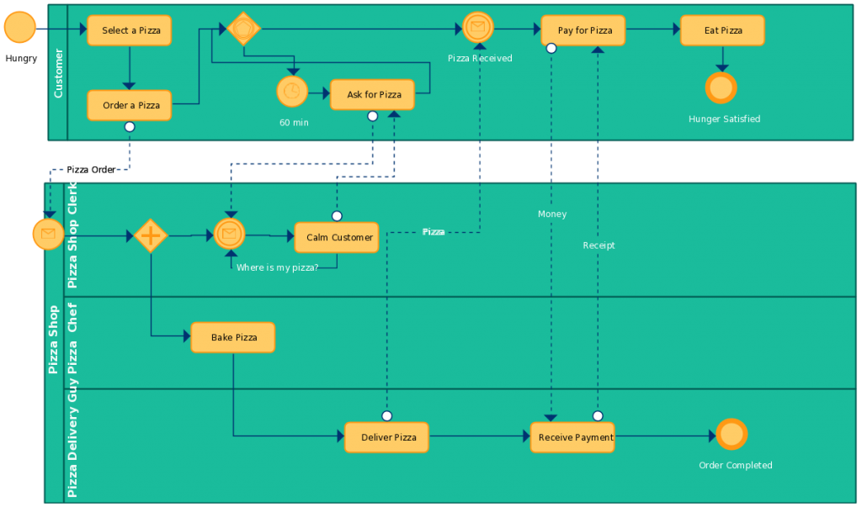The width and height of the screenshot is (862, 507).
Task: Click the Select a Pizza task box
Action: [130, 30]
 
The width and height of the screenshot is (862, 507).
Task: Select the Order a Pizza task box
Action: [130, 105]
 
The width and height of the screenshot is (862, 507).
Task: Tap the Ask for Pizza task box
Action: [372, 95]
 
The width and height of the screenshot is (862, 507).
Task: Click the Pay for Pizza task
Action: [583, 30]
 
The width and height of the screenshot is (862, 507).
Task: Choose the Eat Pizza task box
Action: [722, 30]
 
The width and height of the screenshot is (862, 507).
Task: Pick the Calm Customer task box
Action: [337, 237]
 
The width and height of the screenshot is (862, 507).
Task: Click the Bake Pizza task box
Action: [233, 337]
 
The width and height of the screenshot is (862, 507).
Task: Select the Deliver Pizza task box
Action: [387, 437]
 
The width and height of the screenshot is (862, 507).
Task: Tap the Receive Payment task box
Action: [572, 437]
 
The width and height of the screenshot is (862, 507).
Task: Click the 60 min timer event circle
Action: [292, 92]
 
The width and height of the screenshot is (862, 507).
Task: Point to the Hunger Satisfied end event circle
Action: [721, 88]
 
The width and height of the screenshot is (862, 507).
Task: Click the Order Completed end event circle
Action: [732, 435]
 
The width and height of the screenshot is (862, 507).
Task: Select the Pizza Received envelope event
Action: [477, 28]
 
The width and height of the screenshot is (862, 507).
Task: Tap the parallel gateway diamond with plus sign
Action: [150, 236]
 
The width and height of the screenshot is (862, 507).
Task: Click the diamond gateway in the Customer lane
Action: [244, 29]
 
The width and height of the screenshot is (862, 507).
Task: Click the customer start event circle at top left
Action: [19, 28]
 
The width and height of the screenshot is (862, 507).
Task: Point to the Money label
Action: [552, 214]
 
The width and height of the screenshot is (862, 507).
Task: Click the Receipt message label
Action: [599, 246]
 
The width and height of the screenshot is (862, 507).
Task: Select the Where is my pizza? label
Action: [277, 267]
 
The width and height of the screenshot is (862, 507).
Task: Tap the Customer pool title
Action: [58, 73]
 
